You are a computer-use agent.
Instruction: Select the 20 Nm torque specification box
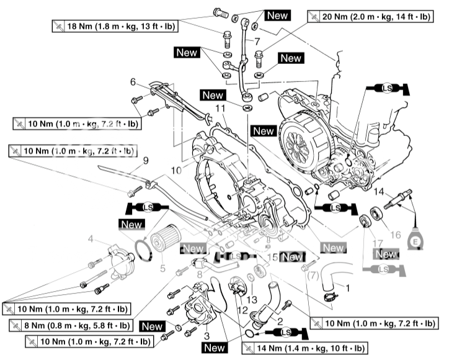pyautogui.click(x=375, y=16)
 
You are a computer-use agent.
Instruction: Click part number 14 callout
pyautogui.click(x=378, y=191)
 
